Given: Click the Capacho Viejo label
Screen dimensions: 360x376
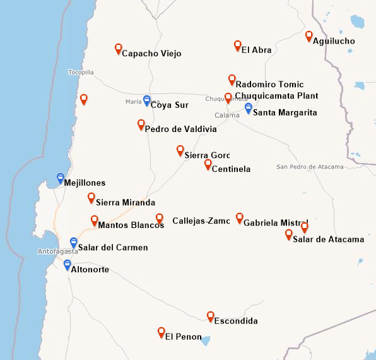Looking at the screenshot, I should (x=151, y=54).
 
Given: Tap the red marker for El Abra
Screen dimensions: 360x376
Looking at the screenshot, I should (x=238, y=45).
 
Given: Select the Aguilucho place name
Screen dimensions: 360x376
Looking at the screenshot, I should (x=334, y=41).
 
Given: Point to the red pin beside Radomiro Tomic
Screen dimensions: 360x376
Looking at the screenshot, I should (x=232, y=80).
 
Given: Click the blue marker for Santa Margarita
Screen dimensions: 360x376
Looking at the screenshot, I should (x=249, y=108).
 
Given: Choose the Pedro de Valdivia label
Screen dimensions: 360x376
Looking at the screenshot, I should (x=180, y=129).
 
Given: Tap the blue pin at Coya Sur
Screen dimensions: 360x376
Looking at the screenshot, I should (x=147, y=100).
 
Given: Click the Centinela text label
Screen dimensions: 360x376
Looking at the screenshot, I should (x=231, y=169).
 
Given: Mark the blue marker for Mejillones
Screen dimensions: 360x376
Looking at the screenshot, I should (x=61, y=178).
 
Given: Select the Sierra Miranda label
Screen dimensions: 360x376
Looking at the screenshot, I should (x=125, y=203).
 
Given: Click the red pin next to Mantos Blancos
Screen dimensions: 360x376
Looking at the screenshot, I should (x=95, y=220).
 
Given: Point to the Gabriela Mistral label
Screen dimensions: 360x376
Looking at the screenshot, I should (x=275, y=223).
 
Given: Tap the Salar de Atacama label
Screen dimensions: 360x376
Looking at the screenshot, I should (x=329, y=239).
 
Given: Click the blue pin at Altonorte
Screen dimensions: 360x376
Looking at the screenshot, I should (x=68, y=265).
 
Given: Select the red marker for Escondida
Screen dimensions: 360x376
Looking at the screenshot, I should (x=211, y=316).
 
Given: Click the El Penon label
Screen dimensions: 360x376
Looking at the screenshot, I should (x=183, y=337).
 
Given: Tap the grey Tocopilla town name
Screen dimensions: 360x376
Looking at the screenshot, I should (x=81, y=73).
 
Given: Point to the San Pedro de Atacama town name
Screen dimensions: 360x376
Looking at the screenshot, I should (x=310, y=167).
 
